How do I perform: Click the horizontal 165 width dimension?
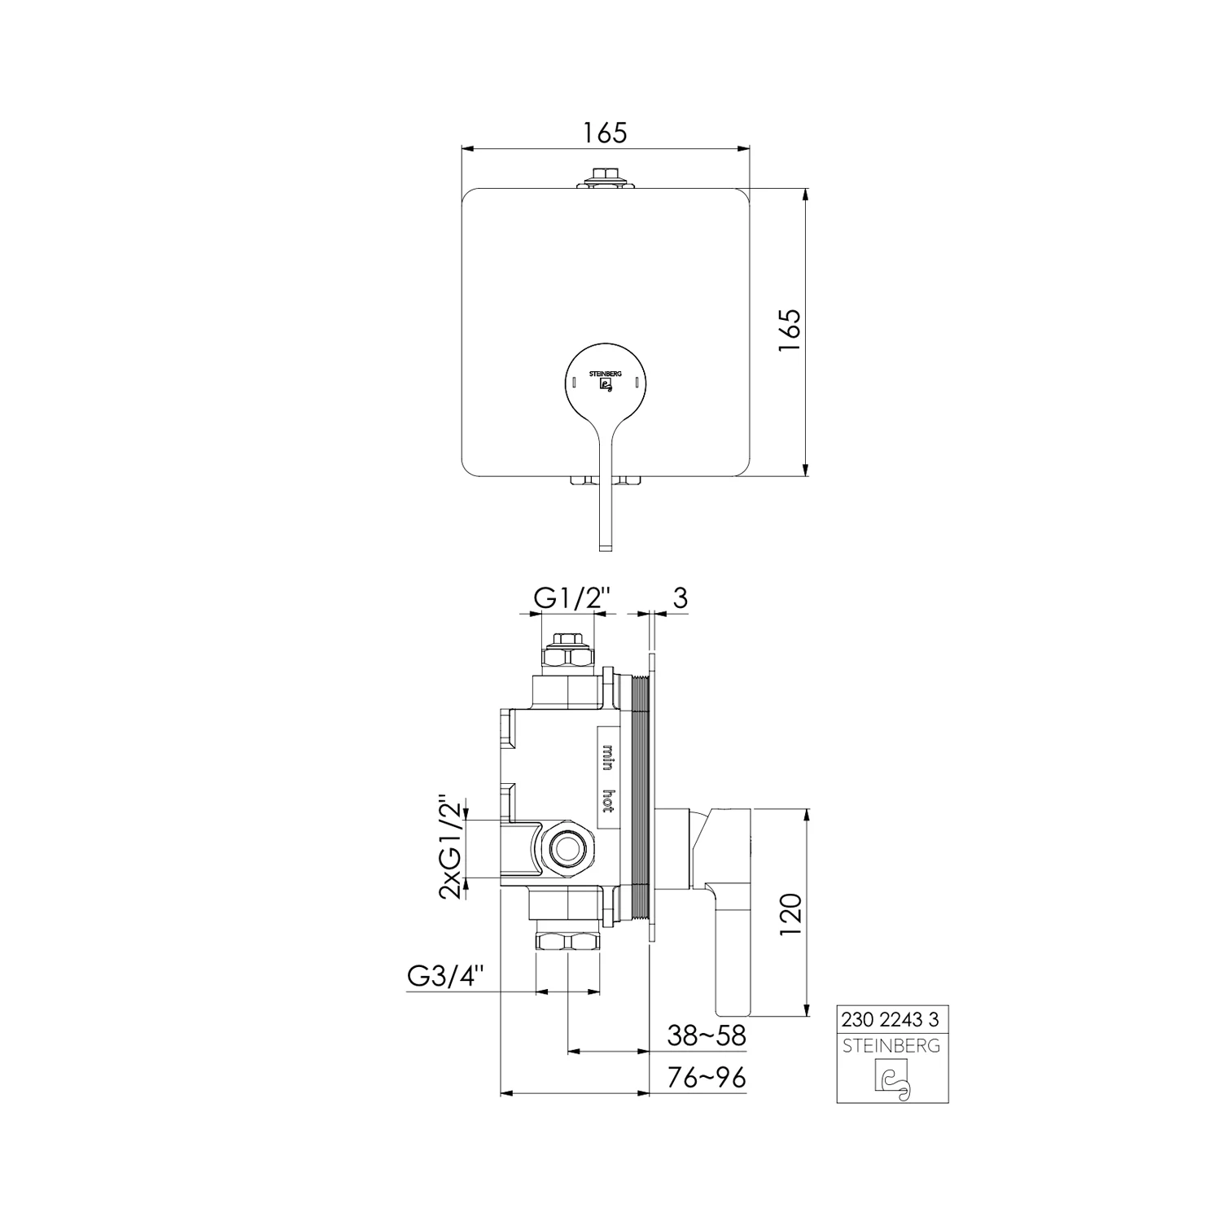pyautogui.click(x=606, y=132)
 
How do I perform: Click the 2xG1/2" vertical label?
pyautogui.click(x=450, y=847)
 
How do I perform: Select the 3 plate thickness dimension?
pyautogui.click(x=681, y=597)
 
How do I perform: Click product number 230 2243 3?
pyautogui.click(x=892, y=1019)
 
